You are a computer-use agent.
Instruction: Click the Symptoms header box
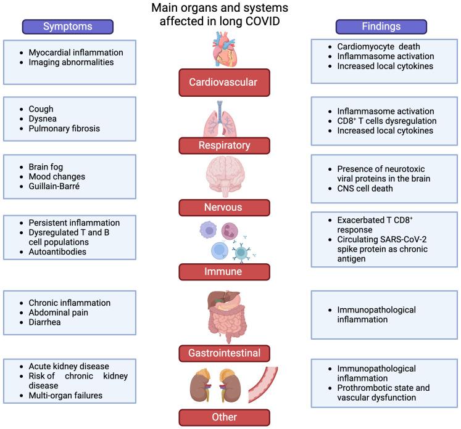pos(68,27)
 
